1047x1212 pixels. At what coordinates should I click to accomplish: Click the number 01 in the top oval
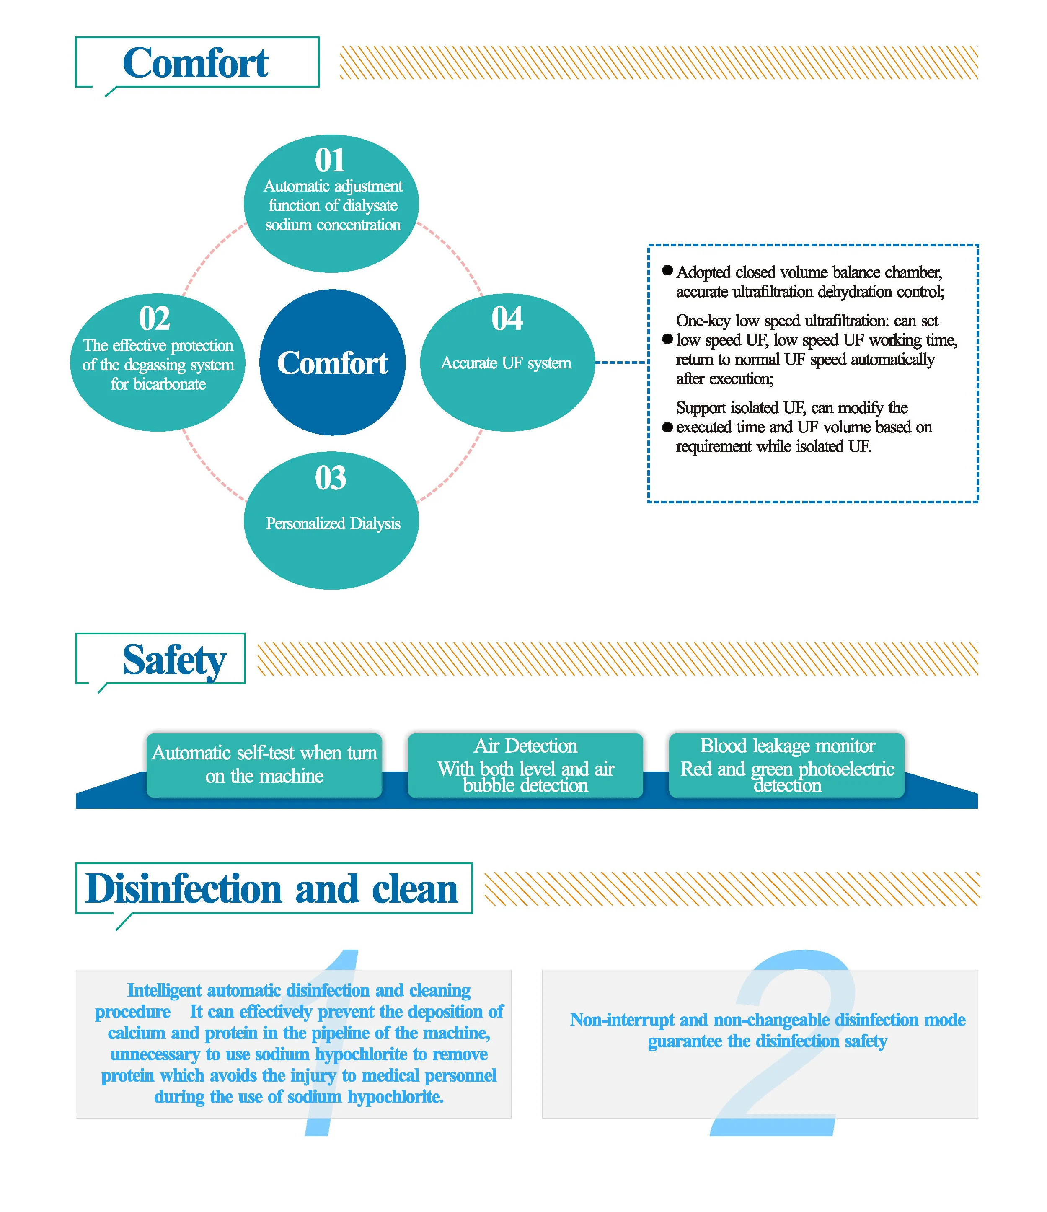pos(330,160)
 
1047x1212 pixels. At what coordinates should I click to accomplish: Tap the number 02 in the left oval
pos(155,319)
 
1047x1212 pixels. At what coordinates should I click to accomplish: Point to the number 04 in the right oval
pos(507,319)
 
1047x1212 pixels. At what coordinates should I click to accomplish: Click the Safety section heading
pos(174,660)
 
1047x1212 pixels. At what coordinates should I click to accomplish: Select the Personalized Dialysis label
pos(333,523)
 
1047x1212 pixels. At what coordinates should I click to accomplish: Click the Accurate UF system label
pos(506,363)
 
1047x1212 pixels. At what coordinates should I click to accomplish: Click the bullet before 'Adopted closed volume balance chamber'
pos(667,270)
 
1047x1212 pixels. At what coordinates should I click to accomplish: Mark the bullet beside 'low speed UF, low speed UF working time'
pos(667,339)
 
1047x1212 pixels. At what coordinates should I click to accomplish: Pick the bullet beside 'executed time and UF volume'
pos(667,427)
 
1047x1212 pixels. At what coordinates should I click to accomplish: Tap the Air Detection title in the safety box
pos(525,746)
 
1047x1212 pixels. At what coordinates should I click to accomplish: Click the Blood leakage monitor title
pos(787,746)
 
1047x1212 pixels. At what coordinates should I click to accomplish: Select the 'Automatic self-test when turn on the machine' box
pos(264,764)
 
